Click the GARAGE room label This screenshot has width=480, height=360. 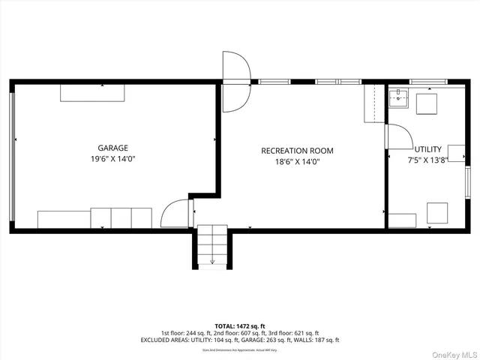click(112, 148)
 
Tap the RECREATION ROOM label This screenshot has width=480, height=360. click(297, 151)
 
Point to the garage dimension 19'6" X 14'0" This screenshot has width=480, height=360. click(112, 159)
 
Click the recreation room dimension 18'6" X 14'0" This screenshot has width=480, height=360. click(297, 162)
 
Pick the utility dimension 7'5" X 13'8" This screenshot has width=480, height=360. click(427, 160)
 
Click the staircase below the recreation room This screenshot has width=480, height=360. click(212, 247)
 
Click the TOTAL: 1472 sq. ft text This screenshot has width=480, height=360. click(239, 325)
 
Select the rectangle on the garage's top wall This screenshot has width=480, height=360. click(93, 92)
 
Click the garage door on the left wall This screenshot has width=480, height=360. click(12, 157)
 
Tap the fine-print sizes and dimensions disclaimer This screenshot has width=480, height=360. click(239, 349)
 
